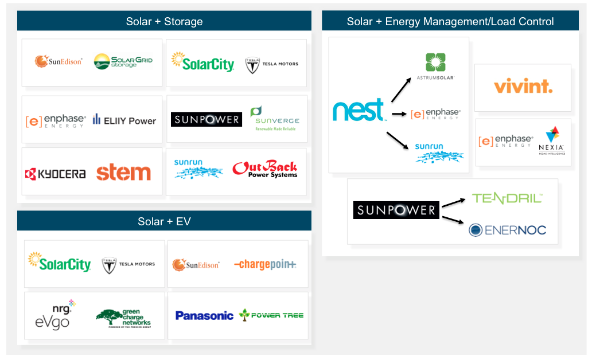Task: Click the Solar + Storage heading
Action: click(x=164, y=22)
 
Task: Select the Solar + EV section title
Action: click(x=164, y=221)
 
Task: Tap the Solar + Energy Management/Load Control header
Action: click(x=450, y=22)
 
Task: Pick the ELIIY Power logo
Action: click(x=124, y=120)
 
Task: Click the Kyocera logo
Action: click(x=55, y=174)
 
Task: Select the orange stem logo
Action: click(x=123, y=173)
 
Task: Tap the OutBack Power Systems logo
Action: click(x=264, y=170)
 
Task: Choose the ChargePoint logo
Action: click(x=265, y=264)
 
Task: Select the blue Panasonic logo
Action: click(x=204, y=315)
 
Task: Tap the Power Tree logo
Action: click(x=271, y=315)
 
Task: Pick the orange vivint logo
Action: click(x=523, y=87)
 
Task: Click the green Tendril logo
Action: click(x=507, y=198)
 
